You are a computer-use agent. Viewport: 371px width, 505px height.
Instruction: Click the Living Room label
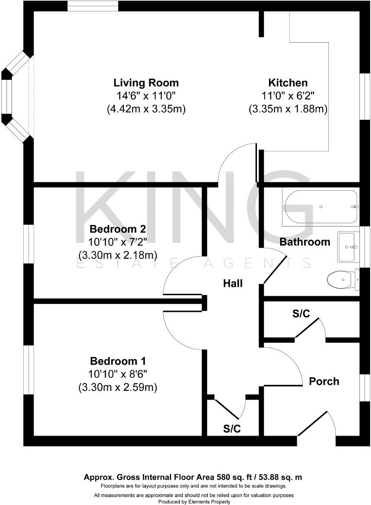pos(146,83)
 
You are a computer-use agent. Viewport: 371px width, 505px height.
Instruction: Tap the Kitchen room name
pos(288,83)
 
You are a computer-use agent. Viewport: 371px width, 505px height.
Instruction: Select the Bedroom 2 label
pos(118,229)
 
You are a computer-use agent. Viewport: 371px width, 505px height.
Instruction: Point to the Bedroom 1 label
pos(118,361)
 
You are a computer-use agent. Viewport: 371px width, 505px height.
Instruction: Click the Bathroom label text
pos(305,242)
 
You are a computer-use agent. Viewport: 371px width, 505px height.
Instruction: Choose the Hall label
pos(232,283)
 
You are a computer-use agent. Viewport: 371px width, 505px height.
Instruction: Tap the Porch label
pos(324,381)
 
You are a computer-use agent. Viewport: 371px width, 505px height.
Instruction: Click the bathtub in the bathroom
pos(320,207)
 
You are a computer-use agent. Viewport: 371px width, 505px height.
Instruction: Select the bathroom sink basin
pos(348,247)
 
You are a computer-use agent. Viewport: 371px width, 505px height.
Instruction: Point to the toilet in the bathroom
pos(342,280)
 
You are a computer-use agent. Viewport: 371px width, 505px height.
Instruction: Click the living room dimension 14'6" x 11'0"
pos(146,96)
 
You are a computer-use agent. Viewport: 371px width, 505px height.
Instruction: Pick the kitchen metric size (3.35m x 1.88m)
pos(288,109)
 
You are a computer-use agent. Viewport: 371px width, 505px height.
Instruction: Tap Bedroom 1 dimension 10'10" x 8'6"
pos(118,374)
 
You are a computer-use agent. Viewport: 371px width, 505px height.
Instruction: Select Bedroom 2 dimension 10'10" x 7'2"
pos(118,242)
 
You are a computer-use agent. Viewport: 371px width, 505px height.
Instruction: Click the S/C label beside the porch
pos(301,314)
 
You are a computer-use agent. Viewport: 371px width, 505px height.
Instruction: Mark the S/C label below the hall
pos(232,428)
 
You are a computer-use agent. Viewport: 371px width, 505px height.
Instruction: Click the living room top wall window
pos(92,6)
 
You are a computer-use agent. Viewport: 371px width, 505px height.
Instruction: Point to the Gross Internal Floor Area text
pos(193,477)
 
